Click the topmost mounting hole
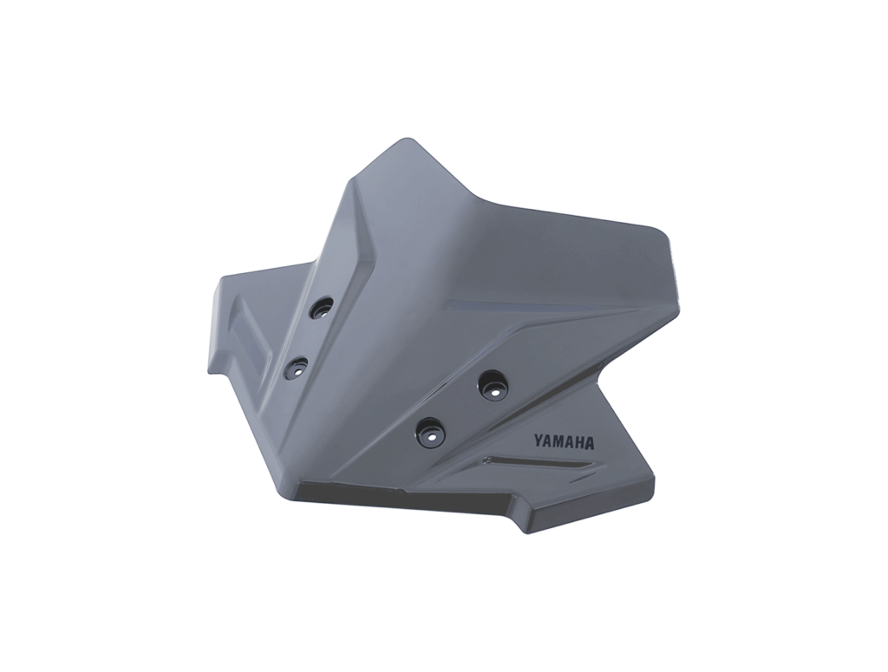322,308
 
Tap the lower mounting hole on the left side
297,368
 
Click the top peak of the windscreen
403,140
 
